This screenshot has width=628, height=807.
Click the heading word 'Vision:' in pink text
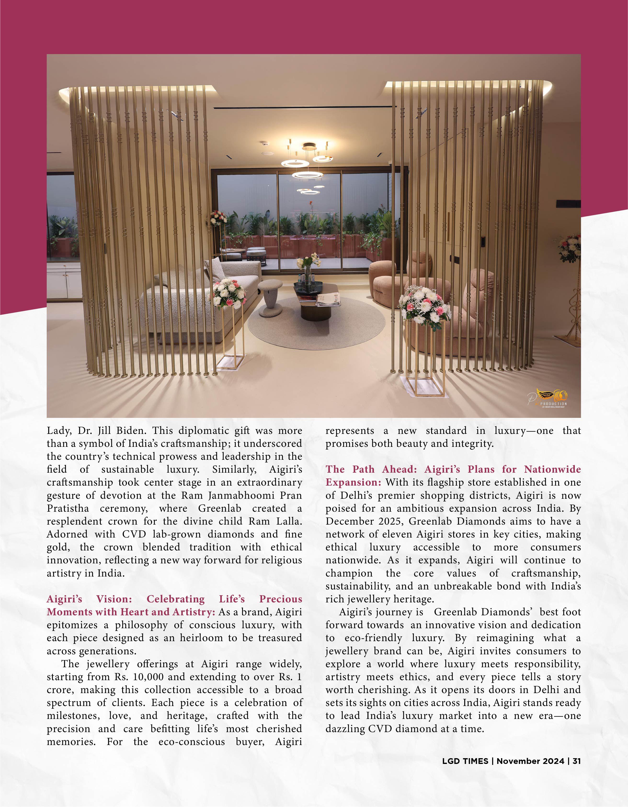click(x=114, y=599)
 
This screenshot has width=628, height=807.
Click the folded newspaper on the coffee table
click(x=328, y=299)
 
